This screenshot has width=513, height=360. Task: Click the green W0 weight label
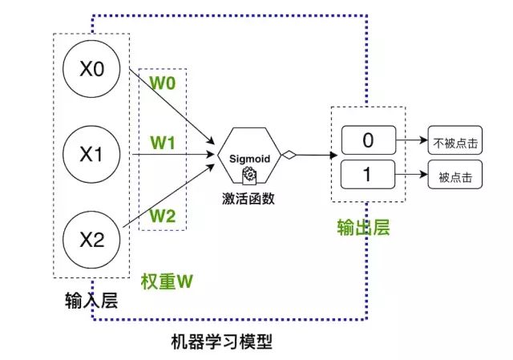click(x=163, y=83)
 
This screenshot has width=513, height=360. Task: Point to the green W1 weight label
click(x=163, y=143)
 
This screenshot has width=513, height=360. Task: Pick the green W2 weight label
click(x=163, y=216)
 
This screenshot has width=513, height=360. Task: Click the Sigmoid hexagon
click(x=249, y=155)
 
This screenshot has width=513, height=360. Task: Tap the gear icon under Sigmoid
click(x=249, y=175)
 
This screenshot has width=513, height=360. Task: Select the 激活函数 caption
click(x=248, y=199)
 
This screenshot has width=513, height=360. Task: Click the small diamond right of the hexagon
click(x=289, y=155)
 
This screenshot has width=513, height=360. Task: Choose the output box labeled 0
click(x=369, y=140)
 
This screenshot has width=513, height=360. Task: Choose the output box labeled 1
click(x=368, y=174)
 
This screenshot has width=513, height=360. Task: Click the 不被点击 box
click(x=455, y=140)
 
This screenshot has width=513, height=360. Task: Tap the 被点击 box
click(x=455, y=174)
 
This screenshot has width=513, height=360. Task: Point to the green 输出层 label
click(x=363, y=227)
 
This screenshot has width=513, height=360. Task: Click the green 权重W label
click(x=167, y=281)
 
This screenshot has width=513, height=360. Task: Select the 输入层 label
click(x=91, y=300)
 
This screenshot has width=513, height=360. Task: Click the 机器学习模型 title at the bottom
click(x=222, y=342)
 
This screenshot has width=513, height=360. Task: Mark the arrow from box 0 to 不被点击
click(x=412, y=140)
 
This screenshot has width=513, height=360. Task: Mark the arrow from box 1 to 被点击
click(x=411, y=174)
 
